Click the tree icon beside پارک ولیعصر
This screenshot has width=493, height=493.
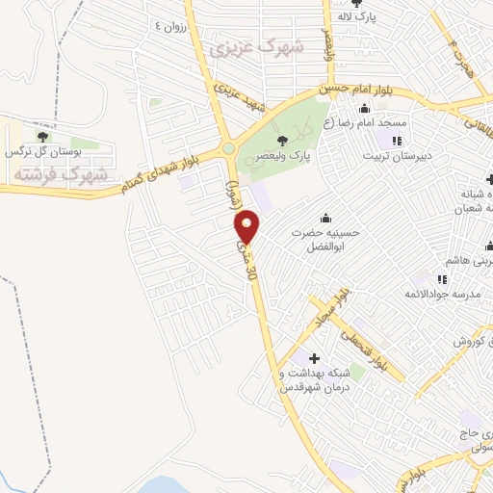(281, 141)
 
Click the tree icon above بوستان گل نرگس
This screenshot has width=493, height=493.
(41, 136)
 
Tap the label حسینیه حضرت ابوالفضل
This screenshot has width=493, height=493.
(325, 238)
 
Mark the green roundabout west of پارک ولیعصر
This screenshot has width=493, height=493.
(228, 149)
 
